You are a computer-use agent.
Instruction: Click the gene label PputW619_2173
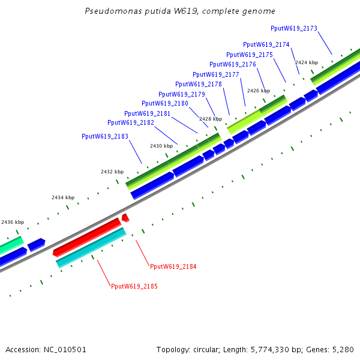tap(294, 28)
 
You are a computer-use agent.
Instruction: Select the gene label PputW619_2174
tap(266, 44)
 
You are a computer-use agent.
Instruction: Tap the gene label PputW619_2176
tap(233, 64)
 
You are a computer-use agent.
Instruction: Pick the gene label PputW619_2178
tap(199, 84)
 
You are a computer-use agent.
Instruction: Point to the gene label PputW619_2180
tap(165, 103)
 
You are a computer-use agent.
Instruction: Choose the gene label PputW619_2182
tap(131, 122)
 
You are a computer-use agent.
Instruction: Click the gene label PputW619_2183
tap(105, 136)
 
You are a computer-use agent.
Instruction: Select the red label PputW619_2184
tap(173, 266)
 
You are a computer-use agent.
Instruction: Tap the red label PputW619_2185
tap(134, 286)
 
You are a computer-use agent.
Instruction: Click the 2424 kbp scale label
tap(307, 62)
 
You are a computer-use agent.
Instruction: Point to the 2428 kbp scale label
tap(211, 119)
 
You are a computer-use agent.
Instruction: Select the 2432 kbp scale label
tap(112, 172)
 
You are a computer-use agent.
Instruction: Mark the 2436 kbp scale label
tap(13, 222)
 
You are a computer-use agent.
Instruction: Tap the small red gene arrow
tap(125, 217)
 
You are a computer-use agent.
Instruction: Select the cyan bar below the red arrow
tap(91, 248)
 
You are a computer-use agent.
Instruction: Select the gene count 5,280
tap(343, 349)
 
